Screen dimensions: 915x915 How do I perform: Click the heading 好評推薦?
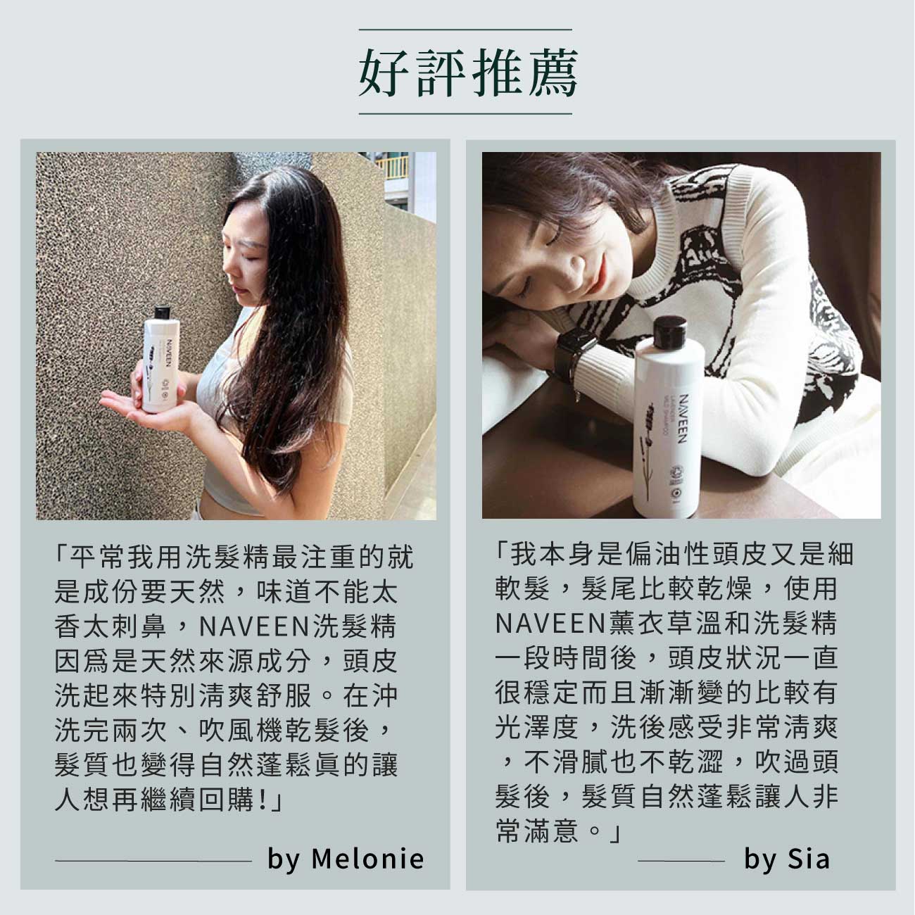tap(468, 72)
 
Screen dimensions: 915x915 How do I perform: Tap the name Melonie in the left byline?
tap(367, 859)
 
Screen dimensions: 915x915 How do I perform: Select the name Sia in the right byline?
tap(809, 859)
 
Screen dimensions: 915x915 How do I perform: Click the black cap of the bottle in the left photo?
tap(162, 313)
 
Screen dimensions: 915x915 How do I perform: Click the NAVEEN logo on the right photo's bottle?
tap(682, 418)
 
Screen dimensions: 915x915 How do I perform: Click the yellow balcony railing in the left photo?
tap(392, 167)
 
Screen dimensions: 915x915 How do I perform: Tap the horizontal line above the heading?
tap(465, 30)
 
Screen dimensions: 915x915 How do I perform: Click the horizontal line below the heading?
tap(465, 114)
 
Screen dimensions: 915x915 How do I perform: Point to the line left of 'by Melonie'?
tap(153, 860)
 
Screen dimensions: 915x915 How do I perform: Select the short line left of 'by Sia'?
tap(681, 860)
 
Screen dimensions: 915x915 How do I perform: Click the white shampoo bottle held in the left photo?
tap(161, 360)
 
